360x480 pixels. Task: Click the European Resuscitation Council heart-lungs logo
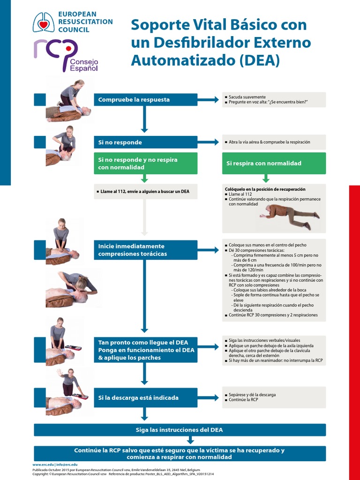pos(43,22)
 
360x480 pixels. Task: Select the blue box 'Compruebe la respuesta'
pos(146,99)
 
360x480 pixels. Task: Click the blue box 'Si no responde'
pos(146,142)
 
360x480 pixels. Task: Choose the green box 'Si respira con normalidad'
pos(274,163)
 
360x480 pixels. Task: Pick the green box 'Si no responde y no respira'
pos(146,163)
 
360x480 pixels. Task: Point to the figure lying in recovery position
pos(290,216)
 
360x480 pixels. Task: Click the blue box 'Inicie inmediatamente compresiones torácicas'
pos(146,250)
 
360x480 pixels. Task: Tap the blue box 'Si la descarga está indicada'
pos(146,397)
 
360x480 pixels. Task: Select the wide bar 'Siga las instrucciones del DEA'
pos(180,430)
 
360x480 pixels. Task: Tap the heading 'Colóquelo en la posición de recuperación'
pos(265,189)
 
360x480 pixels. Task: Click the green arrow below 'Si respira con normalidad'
pos(266,178)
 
